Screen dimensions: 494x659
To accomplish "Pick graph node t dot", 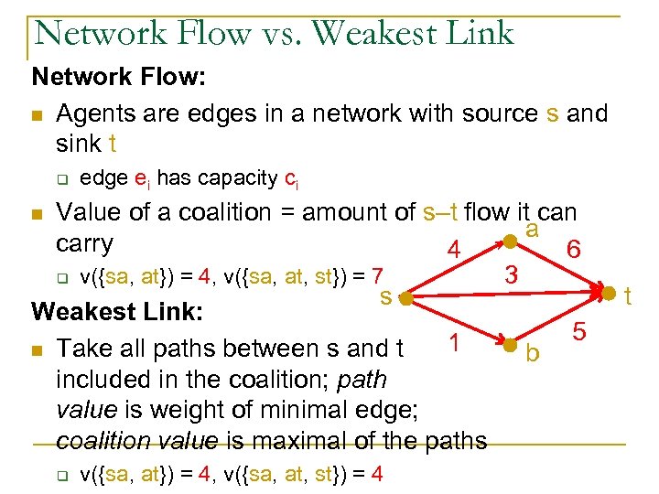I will click(608, 294).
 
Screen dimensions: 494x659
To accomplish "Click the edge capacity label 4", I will click(451, 252).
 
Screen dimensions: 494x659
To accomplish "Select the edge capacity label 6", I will click(573, 249).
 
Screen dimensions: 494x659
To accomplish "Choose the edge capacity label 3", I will click(513, 274).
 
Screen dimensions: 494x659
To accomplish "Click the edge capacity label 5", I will click(579, 333).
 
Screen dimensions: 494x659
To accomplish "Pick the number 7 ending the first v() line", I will click(388, 274).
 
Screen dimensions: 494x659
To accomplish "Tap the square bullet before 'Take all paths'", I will click(37, 349).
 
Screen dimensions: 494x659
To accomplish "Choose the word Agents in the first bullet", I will click(97, 113).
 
